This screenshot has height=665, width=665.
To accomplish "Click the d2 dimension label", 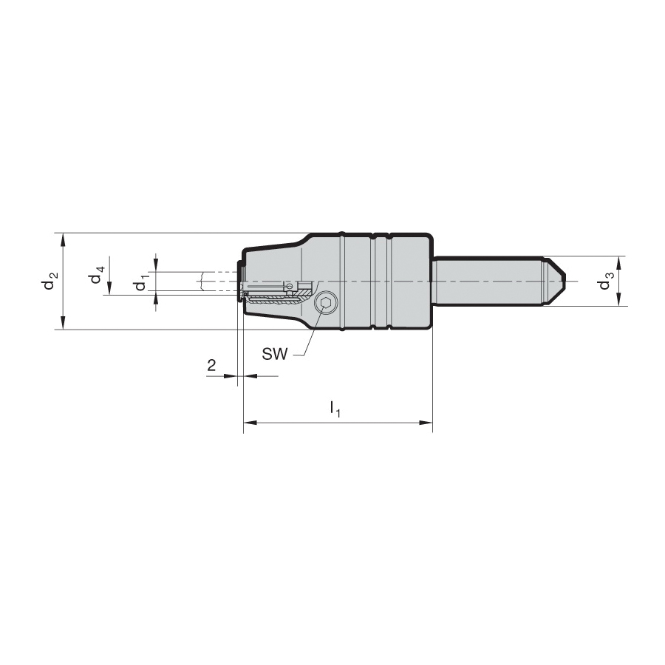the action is pos(50,280).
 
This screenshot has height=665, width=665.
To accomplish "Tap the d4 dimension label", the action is pos(96,275).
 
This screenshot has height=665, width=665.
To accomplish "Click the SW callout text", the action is pos(274,354).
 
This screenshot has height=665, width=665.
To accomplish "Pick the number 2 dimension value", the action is pos(211,365).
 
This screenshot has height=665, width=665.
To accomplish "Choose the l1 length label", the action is pos(335,409).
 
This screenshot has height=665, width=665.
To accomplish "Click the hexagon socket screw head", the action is pos(326,303).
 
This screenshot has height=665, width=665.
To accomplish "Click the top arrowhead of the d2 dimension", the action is pos(64,239).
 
